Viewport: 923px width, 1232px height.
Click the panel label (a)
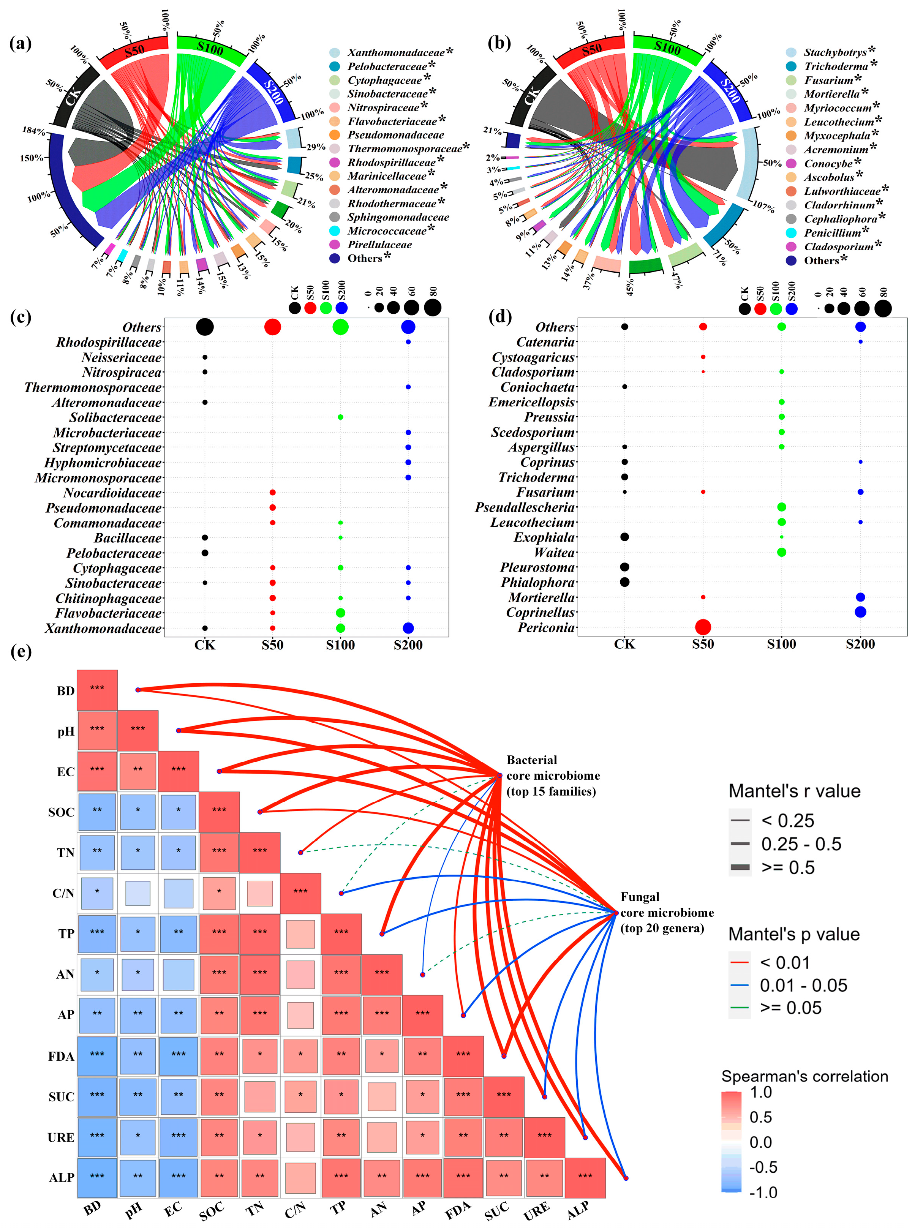tap(21, 43)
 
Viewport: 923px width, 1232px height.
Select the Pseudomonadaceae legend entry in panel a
tap(395, 135)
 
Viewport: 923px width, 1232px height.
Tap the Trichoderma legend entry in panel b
tap(836, 66)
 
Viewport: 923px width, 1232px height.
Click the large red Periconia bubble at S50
tap(703, 627)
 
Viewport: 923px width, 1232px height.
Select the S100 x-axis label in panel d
tap(782, 644)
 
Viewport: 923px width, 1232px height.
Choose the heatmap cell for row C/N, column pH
tap(138, 892)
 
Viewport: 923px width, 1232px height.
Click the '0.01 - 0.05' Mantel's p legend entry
tap(803, 985)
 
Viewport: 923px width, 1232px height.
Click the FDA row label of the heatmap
tap(61, 1056)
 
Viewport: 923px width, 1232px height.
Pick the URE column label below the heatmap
tap(536, 1210)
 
